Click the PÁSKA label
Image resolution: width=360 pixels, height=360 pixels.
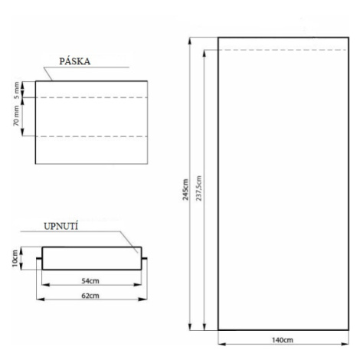coord(75,61)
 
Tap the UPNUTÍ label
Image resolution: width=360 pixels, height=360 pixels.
coord(61,227)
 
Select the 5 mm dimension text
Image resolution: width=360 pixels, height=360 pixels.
coord(16,90)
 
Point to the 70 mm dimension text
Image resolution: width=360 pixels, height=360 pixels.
coord(16,116)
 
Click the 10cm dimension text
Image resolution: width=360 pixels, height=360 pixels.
coord(15,258)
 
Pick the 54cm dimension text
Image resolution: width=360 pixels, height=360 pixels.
coord(90,281)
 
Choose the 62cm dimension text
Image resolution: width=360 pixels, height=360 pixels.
coord(90,296)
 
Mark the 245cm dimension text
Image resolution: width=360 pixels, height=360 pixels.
coord(185,190)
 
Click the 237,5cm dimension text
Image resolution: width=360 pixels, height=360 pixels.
coord(199,188)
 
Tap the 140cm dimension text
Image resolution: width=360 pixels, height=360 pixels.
coord(283,340)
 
